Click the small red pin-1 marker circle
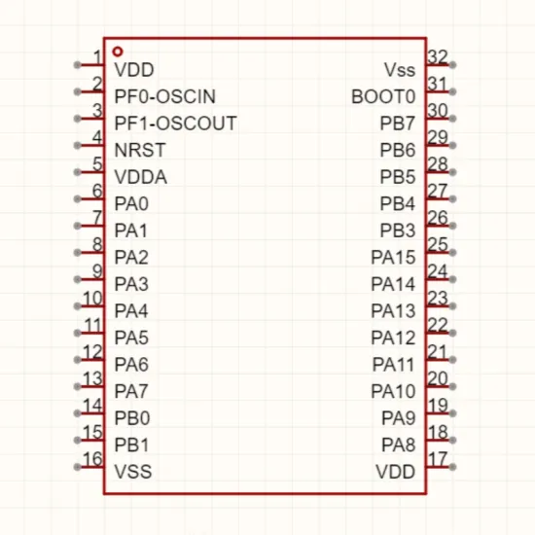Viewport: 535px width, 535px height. tap(118, 52)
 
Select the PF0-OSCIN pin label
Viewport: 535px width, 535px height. tap(165, 96)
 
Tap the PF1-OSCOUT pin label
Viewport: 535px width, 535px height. tap(175, 124)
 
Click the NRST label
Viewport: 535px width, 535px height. tap(140, 150)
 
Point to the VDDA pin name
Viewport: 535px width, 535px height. tap(141, 177)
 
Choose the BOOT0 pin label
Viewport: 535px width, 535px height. tap(383, 96)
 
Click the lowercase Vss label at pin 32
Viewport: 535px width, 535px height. tap(400, 70)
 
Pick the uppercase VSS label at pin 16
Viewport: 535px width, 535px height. tap(133, 472)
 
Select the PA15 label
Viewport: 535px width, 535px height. tap(393, 257)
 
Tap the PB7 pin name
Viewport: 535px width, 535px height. tap(398, 124)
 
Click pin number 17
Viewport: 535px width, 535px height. tap(437, 459)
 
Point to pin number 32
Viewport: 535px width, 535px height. tap(438, 57)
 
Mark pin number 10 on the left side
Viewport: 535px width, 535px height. tap(92, 299)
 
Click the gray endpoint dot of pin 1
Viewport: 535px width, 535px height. tap(78, 65)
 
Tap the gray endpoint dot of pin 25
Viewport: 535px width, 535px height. tap(452, 253)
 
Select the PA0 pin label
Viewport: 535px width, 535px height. tap(131, 203)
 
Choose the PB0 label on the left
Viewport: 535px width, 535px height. tap(132, 418)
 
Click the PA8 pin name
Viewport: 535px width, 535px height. tap(399, 445)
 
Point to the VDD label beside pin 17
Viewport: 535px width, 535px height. tap(396, 472)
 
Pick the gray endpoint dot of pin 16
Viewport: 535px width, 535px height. tap(78, 467)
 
